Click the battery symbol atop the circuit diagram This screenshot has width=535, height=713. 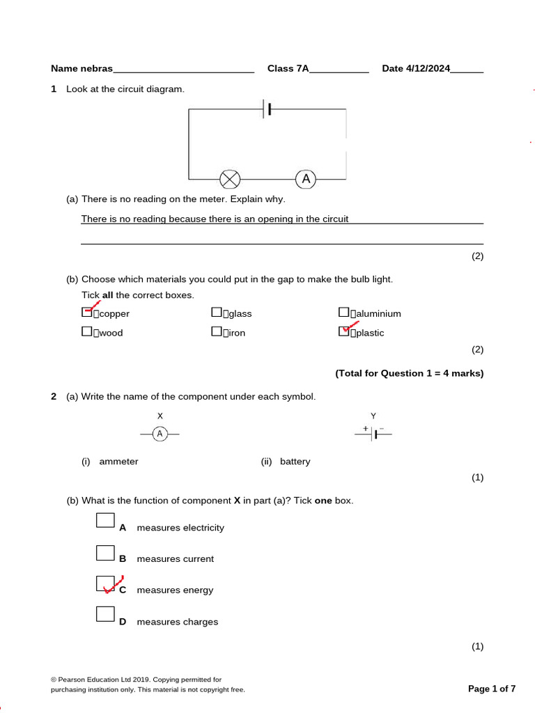point(267,109)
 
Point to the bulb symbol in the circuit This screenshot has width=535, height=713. point(230,180)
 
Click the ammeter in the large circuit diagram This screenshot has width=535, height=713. point(305,180)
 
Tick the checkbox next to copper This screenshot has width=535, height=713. point(87,313)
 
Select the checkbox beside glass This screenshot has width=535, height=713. point(217,313)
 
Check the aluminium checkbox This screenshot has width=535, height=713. point(343,313)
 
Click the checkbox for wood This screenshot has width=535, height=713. point(87,332)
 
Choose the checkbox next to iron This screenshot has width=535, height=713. point(217,332)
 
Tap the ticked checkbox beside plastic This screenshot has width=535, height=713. point(344,331)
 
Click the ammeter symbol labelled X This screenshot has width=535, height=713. point(160,434)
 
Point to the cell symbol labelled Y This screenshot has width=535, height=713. point(373,434)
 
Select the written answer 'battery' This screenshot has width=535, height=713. point(295,462)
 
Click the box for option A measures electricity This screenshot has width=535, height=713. point(105,521)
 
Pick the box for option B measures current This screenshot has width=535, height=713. point(105,553)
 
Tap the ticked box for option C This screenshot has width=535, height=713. point(105,583)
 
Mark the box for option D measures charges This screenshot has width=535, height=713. point(105,614)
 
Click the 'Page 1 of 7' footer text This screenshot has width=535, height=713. point(492,689)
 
